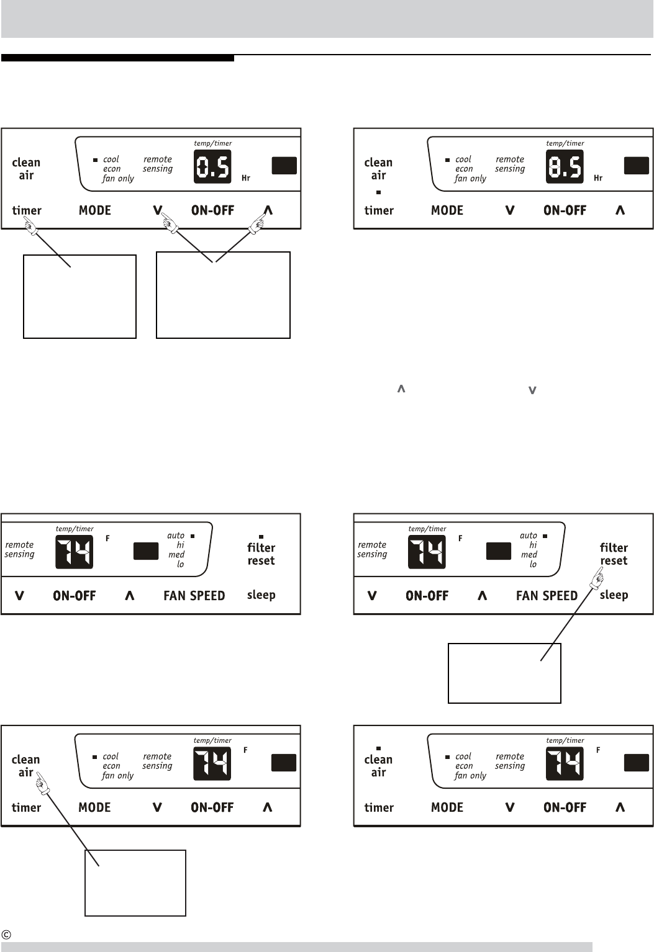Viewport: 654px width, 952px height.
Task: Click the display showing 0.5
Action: tap(212, 166)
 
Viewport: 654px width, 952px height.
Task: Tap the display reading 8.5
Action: tap(565, 166)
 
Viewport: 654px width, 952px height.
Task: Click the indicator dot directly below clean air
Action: tap(378, 192)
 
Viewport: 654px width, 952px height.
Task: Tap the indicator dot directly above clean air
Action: tap(378, 748)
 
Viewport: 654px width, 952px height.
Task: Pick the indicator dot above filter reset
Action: tap(261, 537)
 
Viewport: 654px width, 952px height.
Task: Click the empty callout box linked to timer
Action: tap(79, 296)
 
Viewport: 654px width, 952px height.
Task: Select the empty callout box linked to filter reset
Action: tap(504, 673)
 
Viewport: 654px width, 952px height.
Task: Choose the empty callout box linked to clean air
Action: tap(135, 882)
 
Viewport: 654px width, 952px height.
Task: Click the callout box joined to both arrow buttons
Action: tap(223, 295)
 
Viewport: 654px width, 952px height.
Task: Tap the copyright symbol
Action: tap(6, 934)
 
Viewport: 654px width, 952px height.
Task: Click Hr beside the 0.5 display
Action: tap(246, 178)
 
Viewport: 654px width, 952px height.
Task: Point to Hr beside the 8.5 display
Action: tap(598, 178)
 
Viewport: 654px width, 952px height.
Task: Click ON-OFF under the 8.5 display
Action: tap(565, 210)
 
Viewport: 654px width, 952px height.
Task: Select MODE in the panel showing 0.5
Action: tap(95, 210)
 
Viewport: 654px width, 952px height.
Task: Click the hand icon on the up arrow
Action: tap(257, 223)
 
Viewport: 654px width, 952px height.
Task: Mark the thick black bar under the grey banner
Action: tap(117, 58)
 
